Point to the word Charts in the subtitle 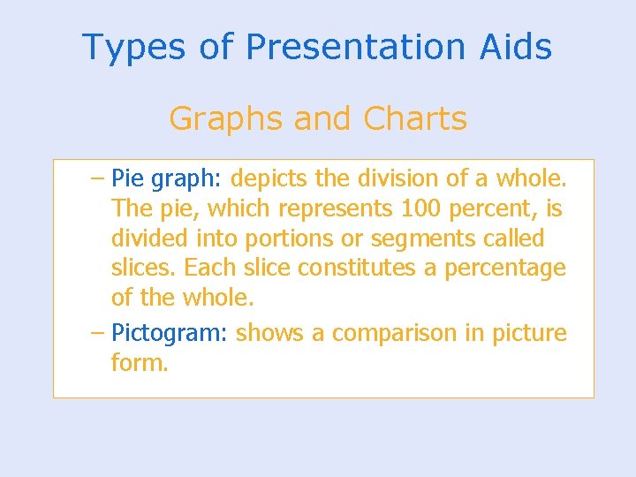tap(415, 118)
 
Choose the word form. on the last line tap(139, 363)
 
